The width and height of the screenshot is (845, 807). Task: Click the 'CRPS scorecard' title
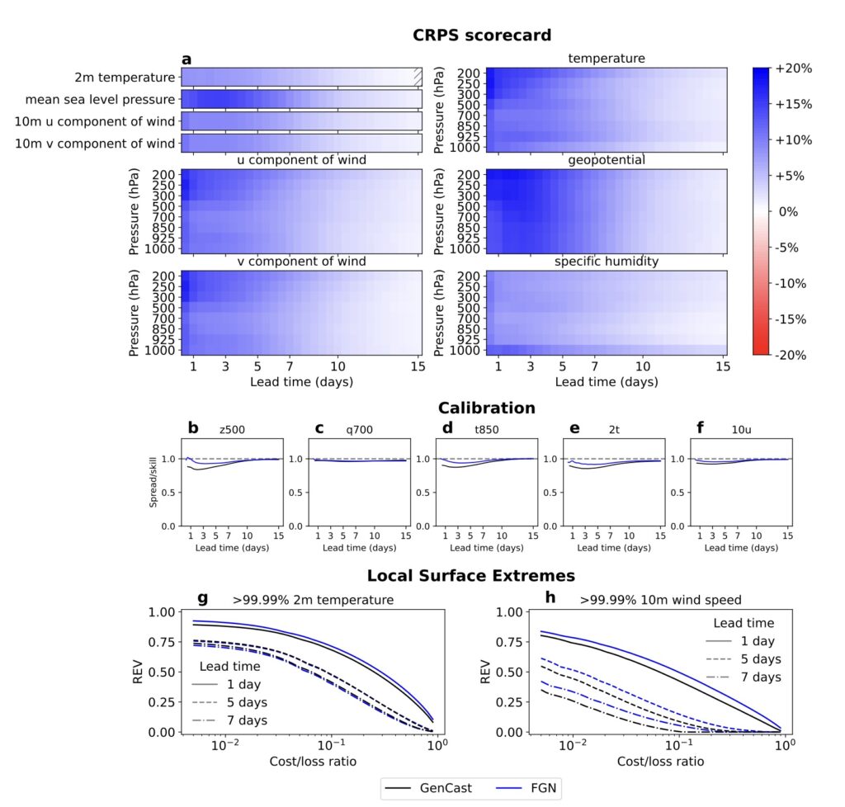(x=483, y=35)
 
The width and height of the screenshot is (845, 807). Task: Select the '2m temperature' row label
(x=124, y=78)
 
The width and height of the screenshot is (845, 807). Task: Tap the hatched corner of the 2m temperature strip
(x=418, y=77)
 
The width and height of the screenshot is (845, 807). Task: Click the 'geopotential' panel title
(x=606, y=159)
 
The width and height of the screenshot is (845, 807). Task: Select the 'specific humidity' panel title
(x=606, y=262)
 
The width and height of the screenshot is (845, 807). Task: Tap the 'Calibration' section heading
(x=486, y=408)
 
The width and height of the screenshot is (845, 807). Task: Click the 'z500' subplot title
(x=231, y=429)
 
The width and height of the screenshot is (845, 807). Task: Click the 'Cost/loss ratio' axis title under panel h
(x=660, y=761)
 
